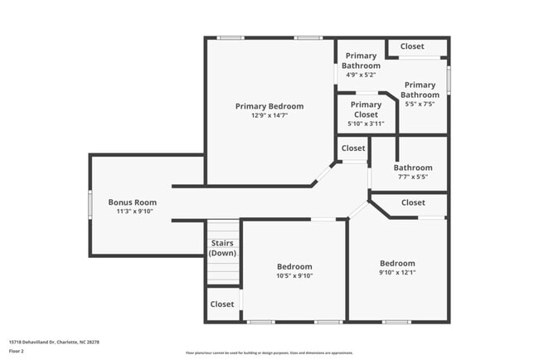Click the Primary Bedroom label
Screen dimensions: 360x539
269,106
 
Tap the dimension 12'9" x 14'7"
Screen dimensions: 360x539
269,116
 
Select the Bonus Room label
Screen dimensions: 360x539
132,202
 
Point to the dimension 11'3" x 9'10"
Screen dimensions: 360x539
132,212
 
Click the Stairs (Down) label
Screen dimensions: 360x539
222,248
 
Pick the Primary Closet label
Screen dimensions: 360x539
366,109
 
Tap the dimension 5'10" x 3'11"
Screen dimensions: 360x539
366,124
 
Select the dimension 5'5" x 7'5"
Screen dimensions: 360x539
419,105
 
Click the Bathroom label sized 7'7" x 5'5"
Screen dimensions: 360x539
413,168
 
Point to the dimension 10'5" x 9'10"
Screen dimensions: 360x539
294,276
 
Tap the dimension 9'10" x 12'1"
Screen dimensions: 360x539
397,273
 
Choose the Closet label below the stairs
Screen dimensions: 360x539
221,304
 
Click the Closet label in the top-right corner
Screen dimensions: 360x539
412,46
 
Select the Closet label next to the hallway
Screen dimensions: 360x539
353,148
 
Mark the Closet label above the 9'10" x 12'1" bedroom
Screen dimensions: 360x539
413,202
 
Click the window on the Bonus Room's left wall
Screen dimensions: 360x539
90,204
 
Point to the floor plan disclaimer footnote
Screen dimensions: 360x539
269,353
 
